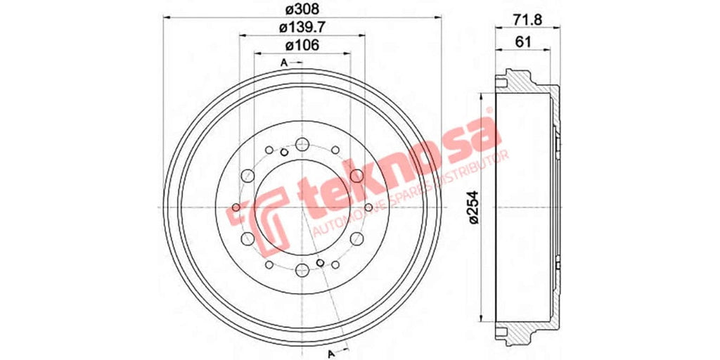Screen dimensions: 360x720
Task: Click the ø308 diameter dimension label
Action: pyautogui.click(x=302, y=11)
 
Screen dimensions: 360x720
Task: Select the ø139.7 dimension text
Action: pyautogui.click(x=302, y=28)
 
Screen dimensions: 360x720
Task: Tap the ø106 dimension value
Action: pyautogui.click(x=302, y=46)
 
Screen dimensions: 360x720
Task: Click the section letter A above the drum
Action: pyautogui.click(x=284, y=63)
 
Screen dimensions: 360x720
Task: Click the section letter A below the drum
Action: pyautogui.click(x=330, y=351)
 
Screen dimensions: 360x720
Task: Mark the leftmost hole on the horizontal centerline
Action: pyautogui.click(x=235, y=207)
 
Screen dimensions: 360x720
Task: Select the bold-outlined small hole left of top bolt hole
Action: pyautogui.click(x=284, y=153)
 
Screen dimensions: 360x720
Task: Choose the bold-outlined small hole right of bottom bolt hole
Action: pyautogui.click(x=321, y=262)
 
